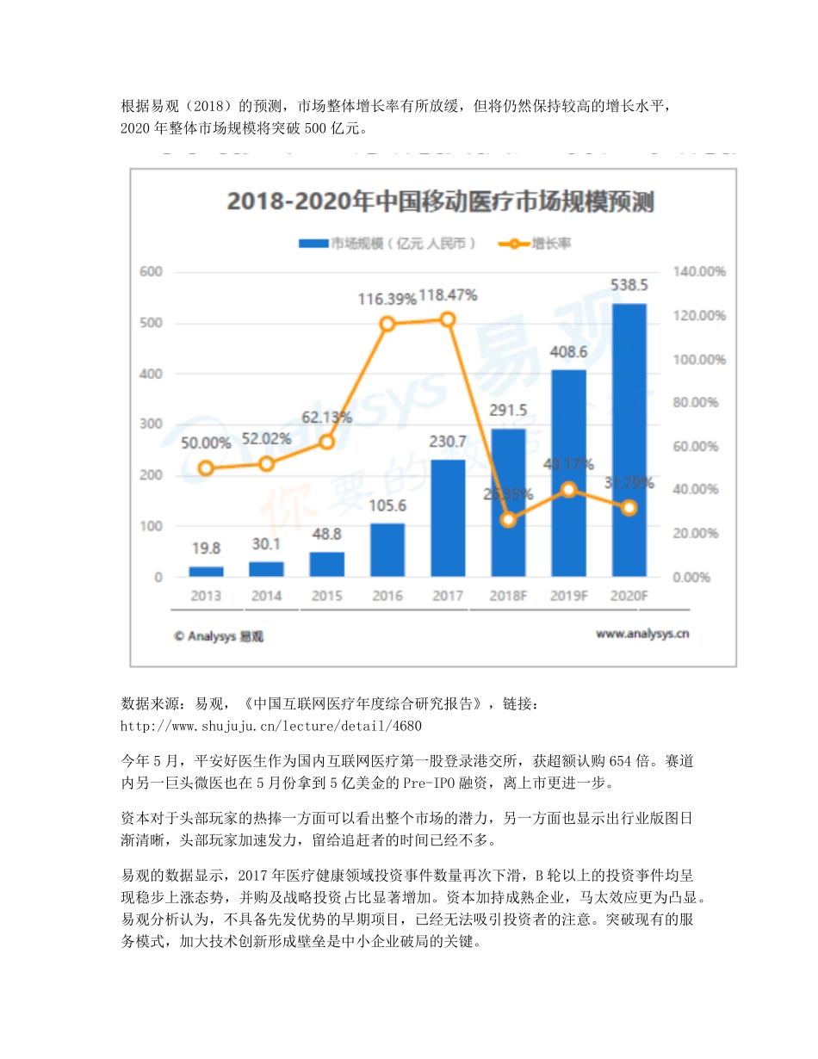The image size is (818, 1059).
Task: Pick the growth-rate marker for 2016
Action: (x=387, y=324)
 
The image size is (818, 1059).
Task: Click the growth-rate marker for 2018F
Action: (x=508, y=520)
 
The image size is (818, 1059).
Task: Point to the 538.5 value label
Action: (x=629, y=286)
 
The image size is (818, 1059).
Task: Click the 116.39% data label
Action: (x=387, y=299)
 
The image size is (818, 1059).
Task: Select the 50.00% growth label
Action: (x=206, y=443)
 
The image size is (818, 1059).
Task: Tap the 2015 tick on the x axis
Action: (x=326, y=595)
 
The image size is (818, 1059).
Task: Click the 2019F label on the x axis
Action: (x=568, y=595)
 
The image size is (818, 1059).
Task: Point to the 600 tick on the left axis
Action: (x=152, y=272)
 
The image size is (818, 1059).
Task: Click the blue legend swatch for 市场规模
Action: (x=313, y=244)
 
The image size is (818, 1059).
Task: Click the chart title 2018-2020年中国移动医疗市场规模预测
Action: (x=440, y=202)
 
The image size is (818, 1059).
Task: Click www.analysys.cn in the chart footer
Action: (x=641, y=635)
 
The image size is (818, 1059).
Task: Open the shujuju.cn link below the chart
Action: (x=271, y=726)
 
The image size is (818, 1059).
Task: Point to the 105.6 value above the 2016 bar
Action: (x=387, y=505)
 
